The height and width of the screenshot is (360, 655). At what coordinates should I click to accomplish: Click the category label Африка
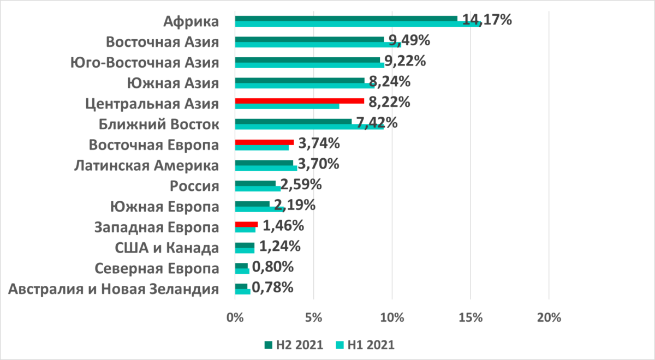[192, 21]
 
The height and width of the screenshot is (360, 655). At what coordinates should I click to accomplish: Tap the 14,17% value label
[487, 20]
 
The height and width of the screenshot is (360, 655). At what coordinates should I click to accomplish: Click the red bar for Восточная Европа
[264, 142]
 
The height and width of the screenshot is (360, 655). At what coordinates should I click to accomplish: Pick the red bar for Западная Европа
[246, 224]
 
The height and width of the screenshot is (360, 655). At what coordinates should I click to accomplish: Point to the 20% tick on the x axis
[549, 318]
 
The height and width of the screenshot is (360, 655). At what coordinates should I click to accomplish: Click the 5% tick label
[313, 318]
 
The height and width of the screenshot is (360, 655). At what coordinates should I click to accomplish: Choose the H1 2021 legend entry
[364, 345]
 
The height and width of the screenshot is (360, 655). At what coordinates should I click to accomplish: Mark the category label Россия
[195, 186]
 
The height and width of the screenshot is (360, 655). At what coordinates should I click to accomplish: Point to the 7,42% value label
[377, 122]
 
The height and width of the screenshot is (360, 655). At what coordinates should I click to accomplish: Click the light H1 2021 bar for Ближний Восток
[309, 127]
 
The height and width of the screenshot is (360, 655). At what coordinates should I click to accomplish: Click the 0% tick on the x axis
[235, 318]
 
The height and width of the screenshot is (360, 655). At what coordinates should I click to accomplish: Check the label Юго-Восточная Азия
[145, 62]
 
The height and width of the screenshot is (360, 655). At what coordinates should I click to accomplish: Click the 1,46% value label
[282, 225]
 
